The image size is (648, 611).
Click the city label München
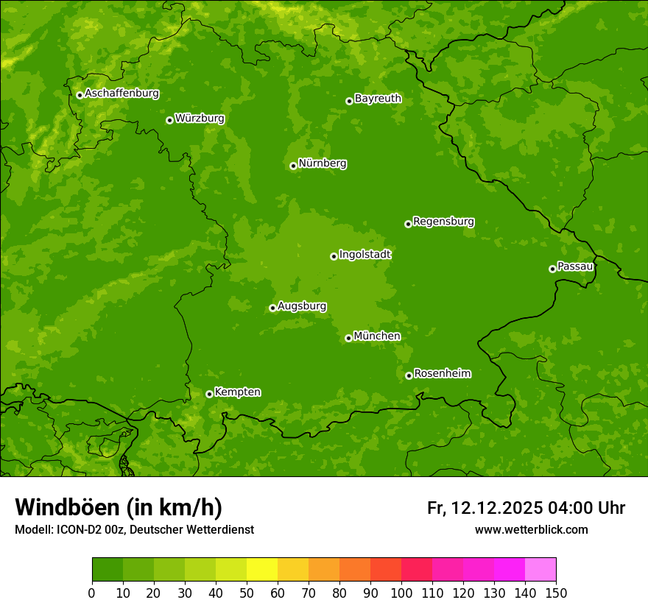click(377, 336)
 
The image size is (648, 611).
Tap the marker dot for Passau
click(552, 269)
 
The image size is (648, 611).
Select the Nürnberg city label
click(323, 163)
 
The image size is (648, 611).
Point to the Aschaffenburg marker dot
click(80, 95)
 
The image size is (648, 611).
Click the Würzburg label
click(200, 119)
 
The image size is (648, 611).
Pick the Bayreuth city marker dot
click(349, 101)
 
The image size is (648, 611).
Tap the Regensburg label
click(443, 222)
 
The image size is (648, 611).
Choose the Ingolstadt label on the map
click(364, 255)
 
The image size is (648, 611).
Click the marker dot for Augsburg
click(272, 308)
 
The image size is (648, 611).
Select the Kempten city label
click(237, 392)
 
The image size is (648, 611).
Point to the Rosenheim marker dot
click(409, 375)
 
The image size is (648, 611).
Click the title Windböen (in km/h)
click(119, 507)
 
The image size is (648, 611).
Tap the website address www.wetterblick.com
click(531, 529)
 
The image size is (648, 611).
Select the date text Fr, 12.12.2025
click(485, 508)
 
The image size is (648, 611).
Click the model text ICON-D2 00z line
click(134, 529)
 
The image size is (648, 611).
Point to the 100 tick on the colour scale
click(401, 593)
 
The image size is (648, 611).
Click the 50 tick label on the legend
click(247, 593)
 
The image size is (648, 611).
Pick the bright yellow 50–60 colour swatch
click(262, 570)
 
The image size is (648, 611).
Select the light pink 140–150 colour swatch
click(540, 570)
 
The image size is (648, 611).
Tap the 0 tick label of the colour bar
click(92, 593)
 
